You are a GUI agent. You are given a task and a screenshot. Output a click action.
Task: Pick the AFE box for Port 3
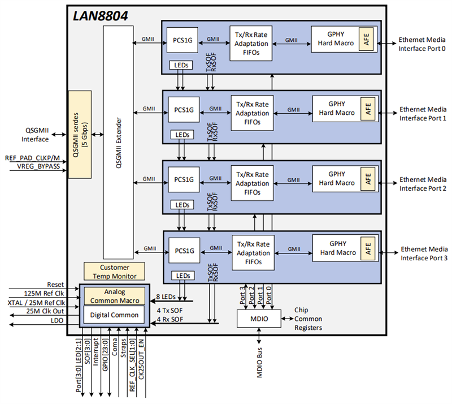coord(368,250)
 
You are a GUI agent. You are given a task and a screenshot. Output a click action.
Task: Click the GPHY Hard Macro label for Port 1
coord(337,108)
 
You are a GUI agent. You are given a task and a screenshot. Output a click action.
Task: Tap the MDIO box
coord(259,319)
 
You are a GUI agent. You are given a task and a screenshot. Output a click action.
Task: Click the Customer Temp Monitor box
coord(114,272)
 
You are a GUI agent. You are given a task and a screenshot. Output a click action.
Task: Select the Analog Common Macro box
coord(114,295)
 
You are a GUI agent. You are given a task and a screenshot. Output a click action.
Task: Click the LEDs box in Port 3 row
coord(182,276)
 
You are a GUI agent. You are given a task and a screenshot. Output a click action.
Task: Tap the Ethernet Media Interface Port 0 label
coord(422,44)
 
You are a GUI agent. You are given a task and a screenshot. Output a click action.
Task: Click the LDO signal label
coord(57,321)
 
